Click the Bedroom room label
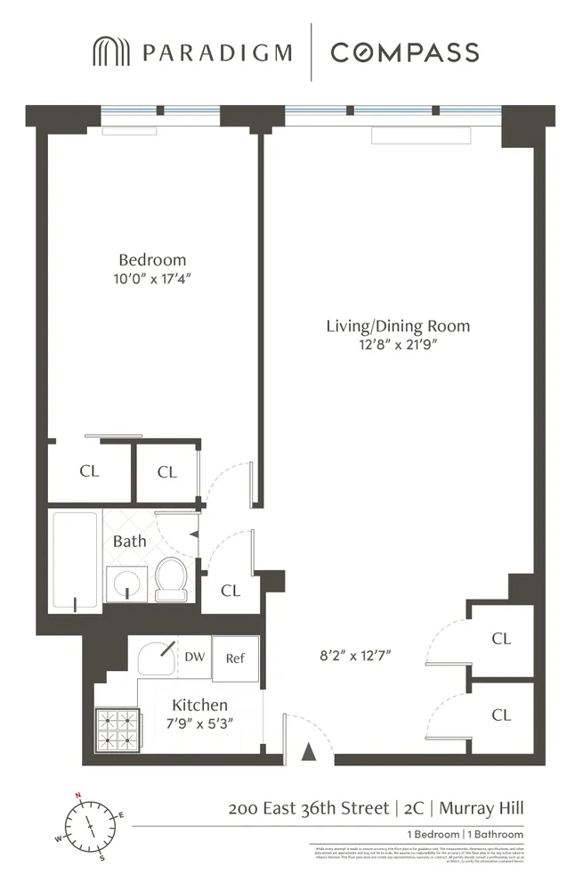pyautogui.click(x=152, y=260)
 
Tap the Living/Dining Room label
pyautogui.click(x=397, y=326)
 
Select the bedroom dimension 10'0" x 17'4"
pyautogui.click(x=152, y=279)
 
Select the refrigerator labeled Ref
pyautogui.click(x=235, y=658)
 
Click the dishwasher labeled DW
pyautogui.click(x=195, y=658)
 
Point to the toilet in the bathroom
pyautogui.click(x=169, y=578)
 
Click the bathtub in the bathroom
pyautogui.click(x=75, y=559)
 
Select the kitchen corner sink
pyautogui.click(x=158, y=660)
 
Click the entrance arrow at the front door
pyautogui.click(x=309, y=753)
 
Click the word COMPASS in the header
pyautogui.click(x=405, y=53)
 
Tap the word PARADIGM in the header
pyautogui.click(x=216, y=53)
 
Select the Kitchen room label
pyautogui.click(x=200, y=705)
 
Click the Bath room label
pyautogui.click(x=130, y=541)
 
